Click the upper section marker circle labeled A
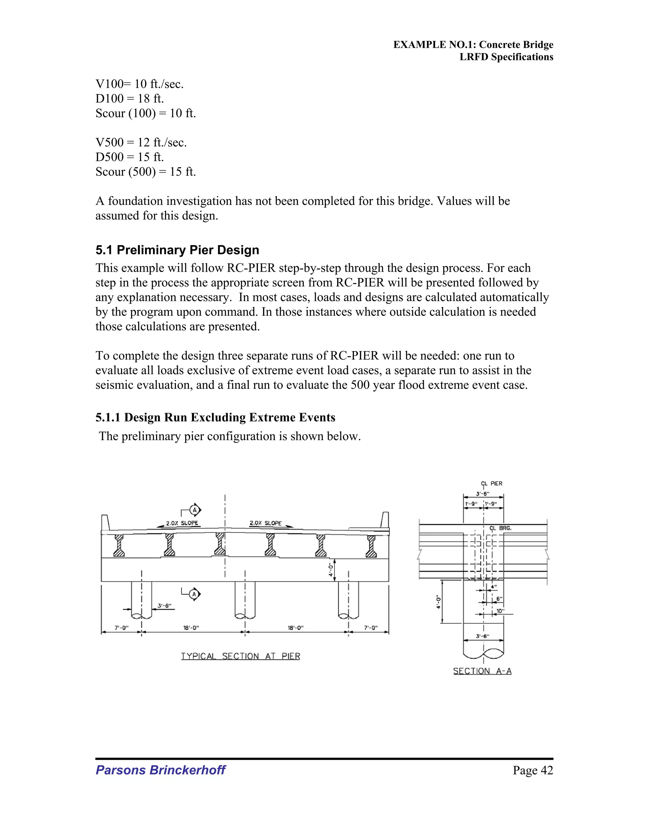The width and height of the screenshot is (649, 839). coord(195,510)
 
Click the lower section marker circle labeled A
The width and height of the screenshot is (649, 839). coord(194,594)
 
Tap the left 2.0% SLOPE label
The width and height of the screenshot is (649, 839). coord(182,523)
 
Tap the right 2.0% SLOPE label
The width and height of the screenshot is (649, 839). coord(266,523)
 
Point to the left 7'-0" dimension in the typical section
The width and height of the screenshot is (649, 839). coord(121,628)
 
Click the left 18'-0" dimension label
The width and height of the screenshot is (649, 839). coord(191,628)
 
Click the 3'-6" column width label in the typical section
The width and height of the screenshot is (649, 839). coord(164,606)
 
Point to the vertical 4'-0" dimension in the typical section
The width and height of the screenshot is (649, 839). coord(330,570)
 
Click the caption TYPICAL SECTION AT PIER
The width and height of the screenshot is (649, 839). coord(240,656)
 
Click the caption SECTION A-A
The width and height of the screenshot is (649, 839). coord(482,671)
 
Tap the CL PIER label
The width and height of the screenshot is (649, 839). coord(492,484)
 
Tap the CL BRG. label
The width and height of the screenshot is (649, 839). coord(500,528)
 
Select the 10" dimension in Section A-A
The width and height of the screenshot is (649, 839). coord(500,611)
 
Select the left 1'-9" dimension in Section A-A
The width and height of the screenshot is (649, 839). coord(471,504)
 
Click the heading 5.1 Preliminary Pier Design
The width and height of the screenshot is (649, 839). coord(177,250)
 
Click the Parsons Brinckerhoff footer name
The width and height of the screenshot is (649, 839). coord(160,770)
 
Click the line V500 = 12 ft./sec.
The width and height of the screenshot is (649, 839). coord(141,142)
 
